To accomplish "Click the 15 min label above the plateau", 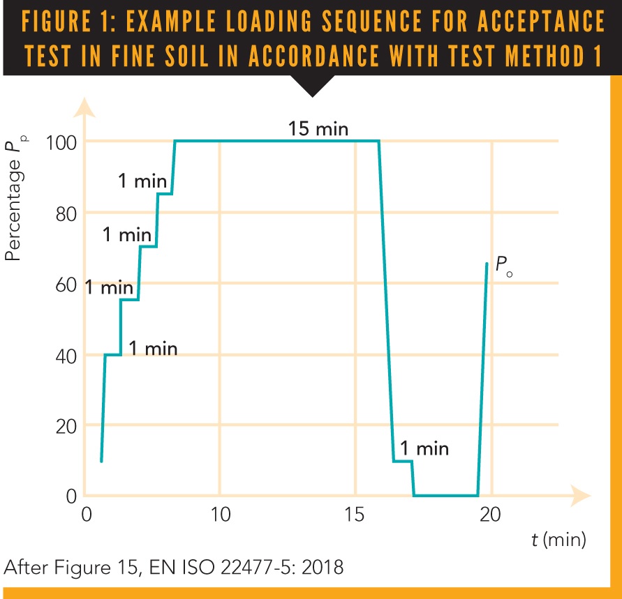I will tap(318, 129).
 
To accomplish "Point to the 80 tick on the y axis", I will tap(66, 213).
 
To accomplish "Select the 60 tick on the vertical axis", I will tap(66, 284).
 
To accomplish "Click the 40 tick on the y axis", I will tap(66, 355).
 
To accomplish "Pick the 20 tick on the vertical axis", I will tap(66, 425).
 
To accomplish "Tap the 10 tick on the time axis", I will tap(219, 515).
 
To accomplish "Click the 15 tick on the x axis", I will tap(355, 515).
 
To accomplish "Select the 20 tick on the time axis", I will tap(491, 515).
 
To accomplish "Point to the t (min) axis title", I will tap(557, 539).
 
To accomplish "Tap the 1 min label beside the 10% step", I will tap(424, 448).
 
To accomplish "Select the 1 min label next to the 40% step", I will tap(153, 348).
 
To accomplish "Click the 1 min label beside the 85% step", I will tap(142, 181).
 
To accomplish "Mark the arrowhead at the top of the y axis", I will tap(84, 106).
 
